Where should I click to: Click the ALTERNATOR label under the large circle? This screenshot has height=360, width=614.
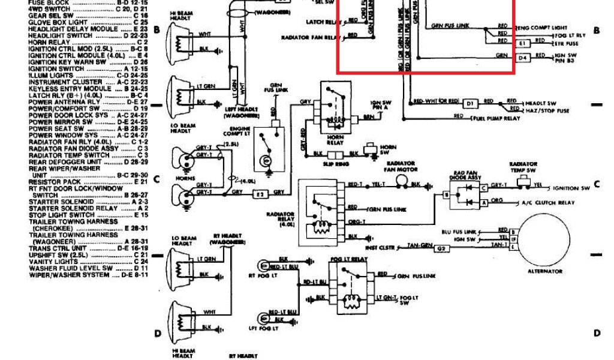coord(544,271)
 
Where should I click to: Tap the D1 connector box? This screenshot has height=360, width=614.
coord(469,103)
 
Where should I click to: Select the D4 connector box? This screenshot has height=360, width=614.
coord(522,58)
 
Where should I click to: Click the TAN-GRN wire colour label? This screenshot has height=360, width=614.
coord(420,246)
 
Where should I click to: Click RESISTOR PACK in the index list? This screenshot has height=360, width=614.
coord(55,182)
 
